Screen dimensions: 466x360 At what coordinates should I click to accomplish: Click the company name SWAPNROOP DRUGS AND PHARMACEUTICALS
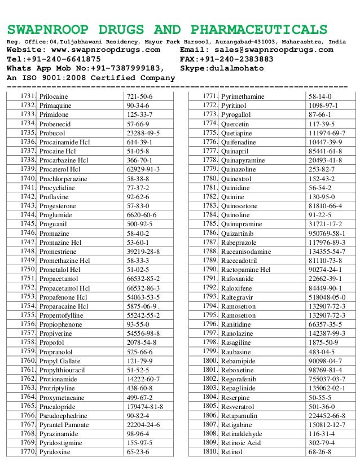(166, 30)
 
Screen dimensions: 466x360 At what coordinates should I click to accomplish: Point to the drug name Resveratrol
(239, 407)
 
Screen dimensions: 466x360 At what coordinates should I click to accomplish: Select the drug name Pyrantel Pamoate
(65, 424)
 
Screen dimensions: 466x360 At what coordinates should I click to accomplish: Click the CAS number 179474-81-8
(145, 407)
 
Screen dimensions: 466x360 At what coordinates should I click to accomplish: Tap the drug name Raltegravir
(238, 297)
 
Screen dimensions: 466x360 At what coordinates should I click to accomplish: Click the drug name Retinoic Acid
(242, 443)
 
